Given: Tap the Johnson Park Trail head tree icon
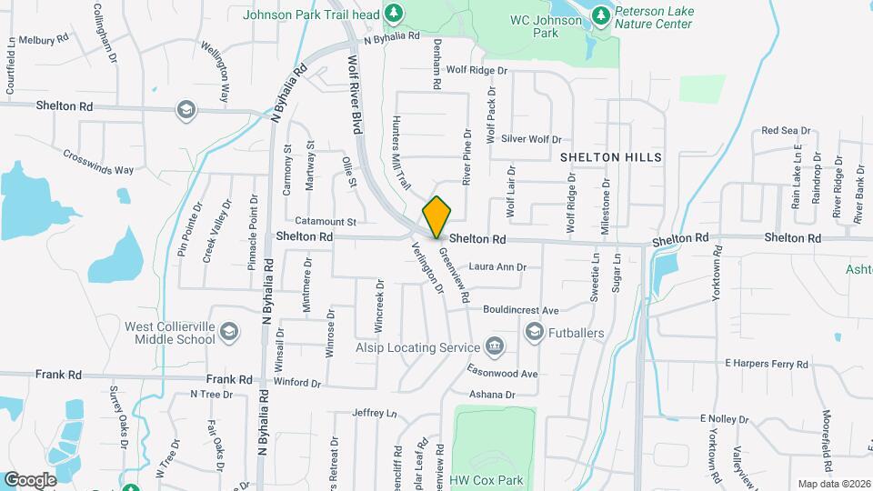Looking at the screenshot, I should pos(394,13).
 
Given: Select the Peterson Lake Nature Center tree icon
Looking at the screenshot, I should pos(600,15).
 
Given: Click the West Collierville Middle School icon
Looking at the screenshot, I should pos(228,332).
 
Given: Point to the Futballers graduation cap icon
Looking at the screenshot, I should pos(534,333).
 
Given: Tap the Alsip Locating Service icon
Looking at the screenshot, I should pos(495,347).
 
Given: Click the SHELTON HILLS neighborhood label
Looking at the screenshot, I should pos(611,157).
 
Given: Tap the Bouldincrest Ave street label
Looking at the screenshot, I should pos(520,310).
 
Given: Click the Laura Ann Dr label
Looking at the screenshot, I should pos(497,267).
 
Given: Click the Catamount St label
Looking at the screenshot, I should pos(325,221).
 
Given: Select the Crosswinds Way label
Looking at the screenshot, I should pos(98,161).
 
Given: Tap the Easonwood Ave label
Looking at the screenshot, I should pos(502,374).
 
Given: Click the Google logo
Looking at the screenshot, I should pos(30,479).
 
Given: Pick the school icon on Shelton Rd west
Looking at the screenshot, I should pos(186,109).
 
